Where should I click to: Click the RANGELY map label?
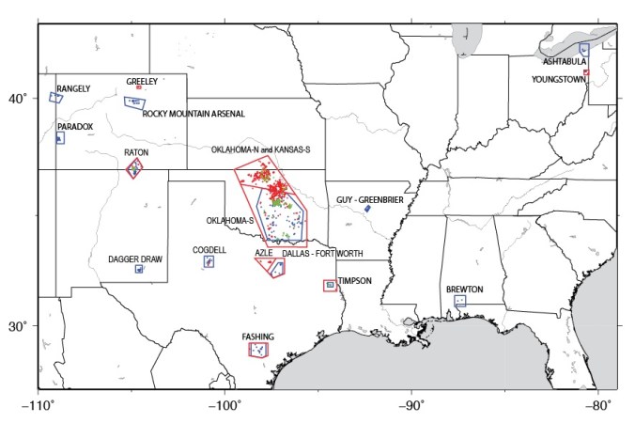[74, 88]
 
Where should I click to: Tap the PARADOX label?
[75, 126]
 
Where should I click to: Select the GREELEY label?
[142, 82]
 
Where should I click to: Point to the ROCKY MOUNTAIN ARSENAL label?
[194, 114]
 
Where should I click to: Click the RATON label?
[136, 152]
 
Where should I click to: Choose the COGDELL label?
[209, 250]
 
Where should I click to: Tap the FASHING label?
[257, 337]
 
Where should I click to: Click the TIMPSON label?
[355, 280]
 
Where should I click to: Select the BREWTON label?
[464, 290]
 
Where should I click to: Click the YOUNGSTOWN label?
[559, 80]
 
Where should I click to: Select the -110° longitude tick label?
[38, 406]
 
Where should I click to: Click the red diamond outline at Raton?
[135, 169]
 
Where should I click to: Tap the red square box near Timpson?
[330, 285]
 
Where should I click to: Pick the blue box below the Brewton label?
[460, 301]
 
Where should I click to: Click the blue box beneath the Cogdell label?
[209, 261]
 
